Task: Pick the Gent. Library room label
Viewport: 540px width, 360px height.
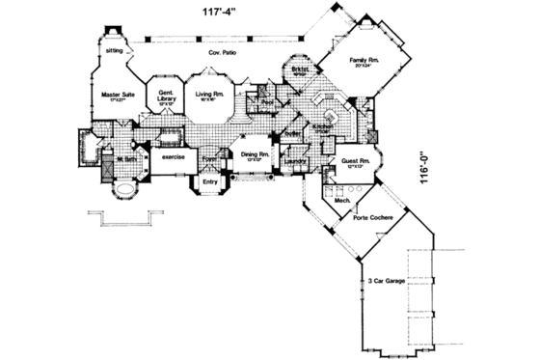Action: coord(160,96)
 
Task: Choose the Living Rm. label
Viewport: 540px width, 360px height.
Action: coord(210,94)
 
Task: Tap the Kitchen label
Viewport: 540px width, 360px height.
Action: coord(324,127)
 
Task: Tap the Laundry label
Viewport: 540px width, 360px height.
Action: coord(297,161)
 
